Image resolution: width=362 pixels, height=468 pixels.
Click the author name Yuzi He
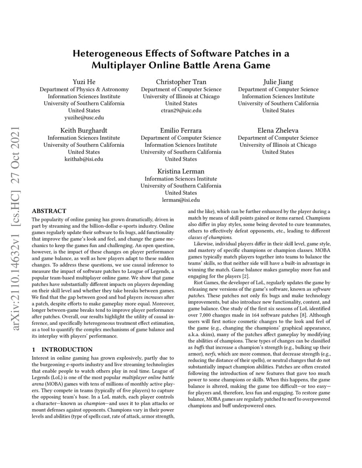[x=84, y=82]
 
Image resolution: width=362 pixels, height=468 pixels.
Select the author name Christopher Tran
[x=181, y=82]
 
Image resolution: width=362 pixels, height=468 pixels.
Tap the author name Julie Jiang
[x=278, y=82]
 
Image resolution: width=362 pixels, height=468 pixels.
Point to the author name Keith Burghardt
[x=84, y=130]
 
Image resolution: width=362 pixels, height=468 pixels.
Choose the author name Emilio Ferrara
[x=181, y=130]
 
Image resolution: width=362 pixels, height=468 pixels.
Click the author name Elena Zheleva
[x=278, y=130]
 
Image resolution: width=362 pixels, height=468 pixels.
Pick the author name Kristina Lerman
[x=181, y=171]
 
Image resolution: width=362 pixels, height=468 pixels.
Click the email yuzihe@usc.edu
[x=84, y=117]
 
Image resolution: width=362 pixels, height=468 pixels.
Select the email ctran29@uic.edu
[x=181, y=110]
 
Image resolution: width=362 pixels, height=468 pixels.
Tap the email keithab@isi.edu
[x=84, y=159]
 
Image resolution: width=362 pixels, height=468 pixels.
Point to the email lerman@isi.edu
[x=181, y=200]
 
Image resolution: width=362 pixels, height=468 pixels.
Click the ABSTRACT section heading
[x=49, y=211]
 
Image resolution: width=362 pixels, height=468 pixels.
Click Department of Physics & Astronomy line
[x=84, y=89]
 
